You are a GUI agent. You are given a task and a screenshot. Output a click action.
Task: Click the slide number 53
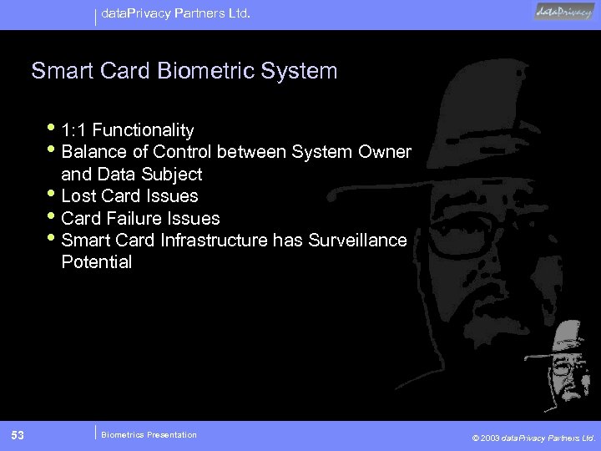(x=18, y=434)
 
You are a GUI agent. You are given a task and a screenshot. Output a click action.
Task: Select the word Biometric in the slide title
(x=205, y=71)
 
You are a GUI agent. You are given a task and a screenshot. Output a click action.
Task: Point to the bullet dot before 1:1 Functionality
(x=53, y=128)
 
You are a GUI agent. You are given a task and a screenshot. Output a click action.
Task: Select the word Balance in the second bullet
(x=93, y=152)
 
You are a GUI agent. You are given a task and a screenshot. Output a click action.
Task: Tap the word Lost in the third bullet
(x=79, y=196)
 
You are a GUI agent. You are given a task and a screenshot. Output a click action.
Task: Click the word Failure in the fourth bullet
(x=138, y=219)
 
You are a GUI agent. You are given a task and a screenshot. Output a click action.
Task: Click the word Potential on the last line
(x=97, y=263)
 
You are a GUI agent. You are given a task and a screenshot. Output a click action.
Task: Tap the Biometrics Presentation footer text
(x=149, y=434)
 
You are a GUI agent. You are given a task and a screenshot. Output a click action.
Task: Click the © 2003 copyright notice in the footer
(x=533, y=437)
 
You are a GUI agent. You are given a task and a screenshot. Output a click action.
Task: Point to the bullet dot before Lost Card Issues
(x=53, y=194)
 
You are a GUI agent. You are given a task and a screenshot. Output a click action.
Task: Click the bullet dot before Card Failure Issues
(x=53, y=216)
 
